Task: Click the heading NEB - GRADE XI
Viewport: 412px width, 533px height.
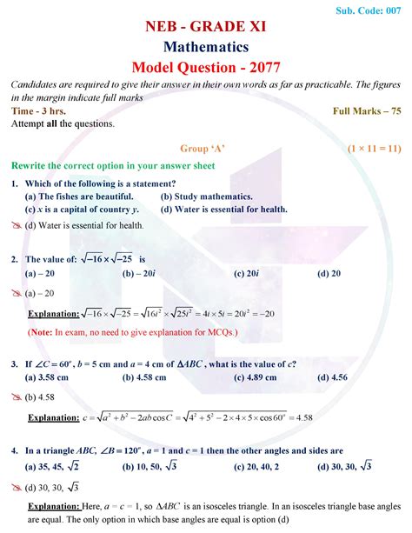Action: coord(206,25)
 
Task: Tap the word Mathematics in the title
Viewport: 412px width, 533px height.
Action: coord(206,46)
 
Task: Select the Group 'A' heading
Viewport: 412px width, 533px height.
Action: coord(207,148)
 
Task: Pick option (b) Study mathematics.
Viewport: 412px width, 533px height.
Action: coord(207,196)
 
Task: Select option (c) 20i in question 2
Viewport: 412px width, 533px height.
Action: coord(247,274)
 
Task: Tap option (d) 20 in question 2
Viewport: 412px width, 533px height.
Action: coord(329,274)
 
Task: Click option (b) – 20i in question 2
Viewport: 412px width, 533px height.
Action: coord(139,274)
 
